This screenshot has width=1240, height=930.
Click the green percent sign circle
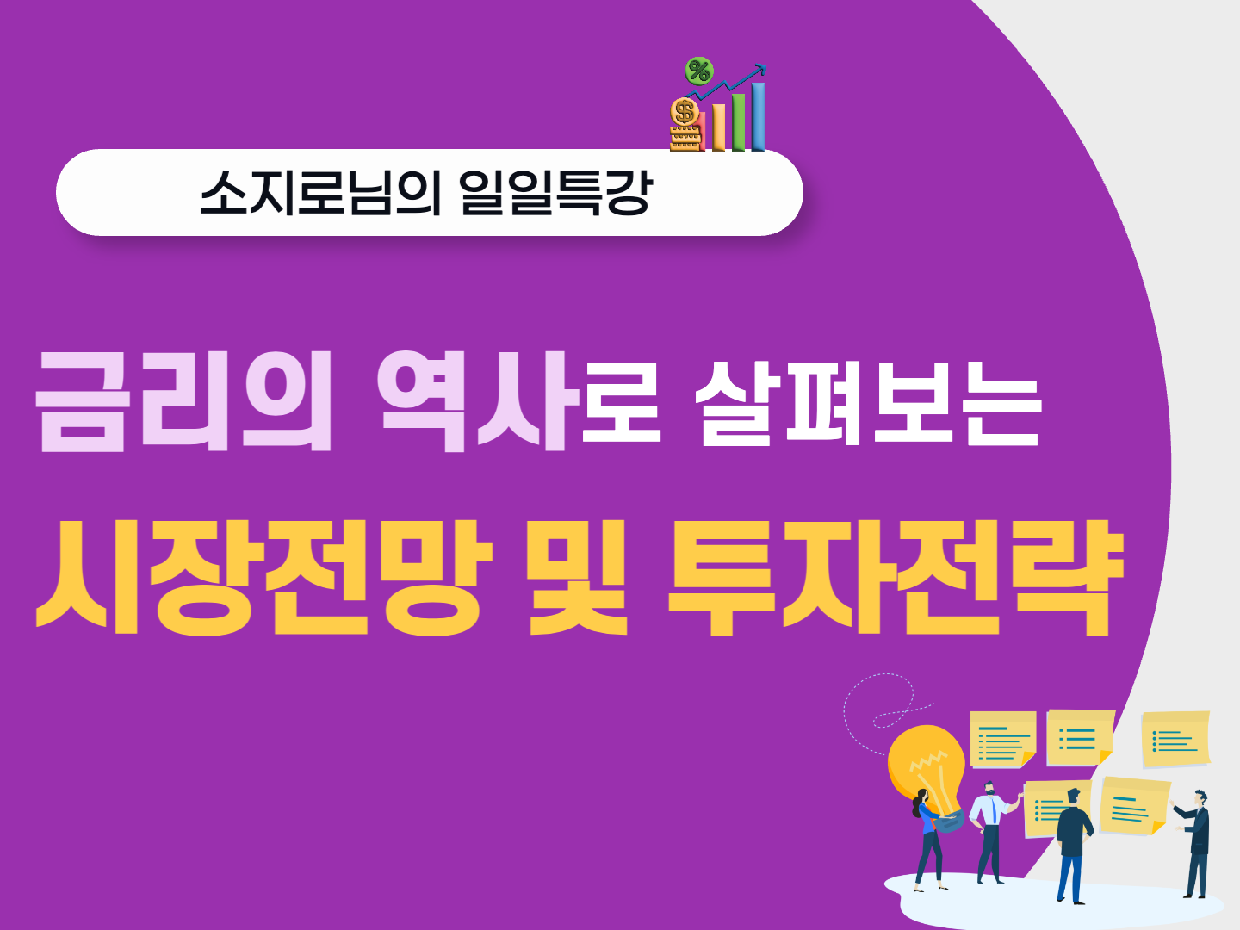tap(699, 71)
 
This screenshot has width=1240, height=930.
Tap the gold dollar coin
tap(685, 111)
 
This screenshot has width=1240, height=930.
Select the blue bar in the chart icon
tap(758, 116)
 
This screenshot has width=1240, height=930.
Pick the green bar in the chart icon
tap(738, 122)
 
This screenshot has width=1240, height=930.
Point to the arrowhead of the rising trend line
tap(761, 70)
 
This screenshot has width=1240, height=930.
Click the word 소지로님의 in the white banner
tap(320, 193)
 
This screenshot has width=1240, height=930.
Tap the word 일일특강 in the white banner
tap(556, 193)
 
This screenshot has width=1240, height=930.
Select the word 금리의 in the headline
tap(183, 401)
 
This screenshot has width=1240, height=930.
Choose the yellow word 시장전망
tap(263, 577)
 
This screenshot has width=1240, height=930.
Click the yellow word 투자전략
tap(896, 577)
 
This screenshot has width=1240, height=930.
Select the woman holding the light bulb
tap(927, 840)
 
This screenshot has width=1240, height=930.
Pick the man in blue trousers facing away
tap(1073, 846)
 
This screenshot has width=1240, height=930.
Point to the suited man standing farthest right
tap(1193, 844)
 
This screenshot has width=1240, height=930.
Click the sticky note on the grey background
tap(1175, 739)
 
